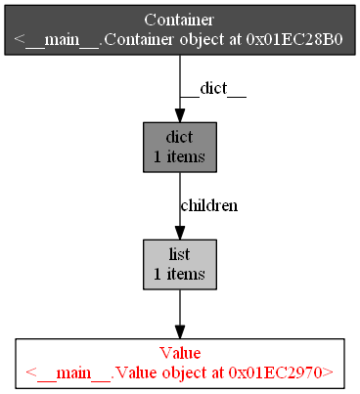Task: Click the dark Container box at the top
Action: pyautogui.click(x=179, y=29)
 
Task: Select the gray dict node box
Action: pyautogui.click(x=179, y=147)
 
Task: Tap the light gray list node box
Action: pyautogui.click(x=179, y=264)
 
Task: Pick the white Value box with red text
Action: pyautogui.click(x=179, y=362)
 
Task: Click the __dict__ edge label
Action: pyautogui.click(x=222, y=88)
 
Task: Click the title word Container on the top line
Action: pyautogui.click(x=179, y=21)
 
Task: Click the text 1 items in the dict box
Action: pyautogui.click(x=179, y=155)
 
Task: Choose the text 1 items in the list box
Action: pyautogui.click(x=179, y=273)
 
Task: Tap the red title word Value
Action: pyautogui.click(x=179, y=353)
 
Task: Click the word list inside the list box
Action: pyautogui.click(x=179, y=255)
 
